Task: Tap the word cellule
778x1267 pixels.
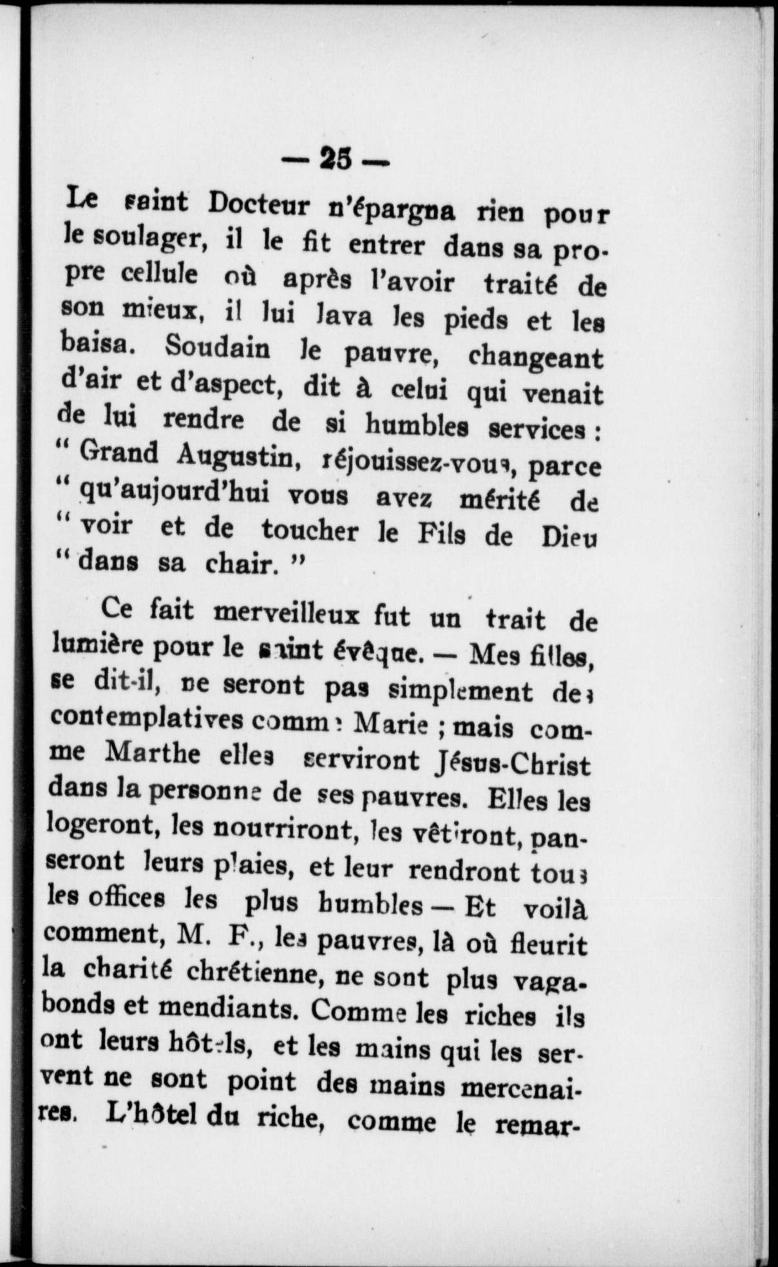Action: click(159, 275)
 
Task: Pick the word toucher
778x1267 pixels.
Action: click(309, 530)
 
